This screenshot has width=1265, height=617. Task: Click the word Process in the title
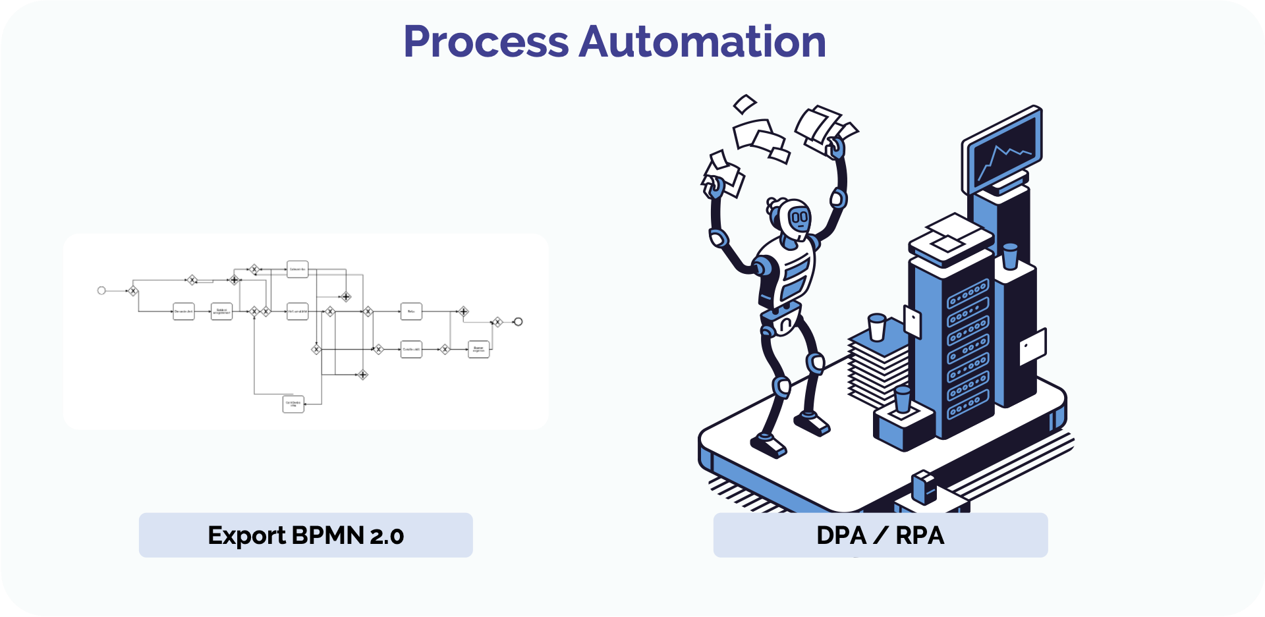tap(486, 41)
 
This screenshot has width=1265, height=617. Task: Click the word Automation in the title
tap(702, 41)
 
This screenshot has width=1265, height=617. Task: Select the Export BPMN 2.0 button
tap(306, 535)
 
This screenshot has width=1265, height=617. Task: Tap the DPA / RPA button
tap(880, 535)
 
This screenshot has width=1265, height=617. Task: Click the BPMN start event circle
tap(101, 290)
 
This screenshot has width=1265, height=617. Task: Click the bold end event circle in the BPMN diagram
tap(519, 321)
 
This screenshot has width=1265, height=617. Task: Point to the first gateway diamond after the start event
tap(132, 290)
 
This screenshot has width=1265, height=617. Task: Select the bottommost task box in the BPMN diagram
tap(293, 404)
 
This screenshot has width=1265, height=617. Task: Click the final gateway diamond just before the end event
tap(497, 322)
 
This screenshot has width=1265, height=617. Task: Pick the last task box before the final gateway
tap(478, 349)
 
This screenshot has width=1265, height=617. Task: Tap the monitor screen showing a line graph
tap(1003, 152)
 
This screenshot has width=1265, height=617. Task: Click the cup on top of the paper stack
tap(877, 327)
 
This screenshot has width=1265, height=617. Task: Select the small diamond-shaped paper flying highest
tap(745, 103)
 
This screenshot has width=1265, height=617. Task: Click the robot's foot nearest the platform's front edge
tap(768, 445)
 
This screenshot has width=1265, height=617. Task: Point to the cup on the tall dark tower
tap(1009, 256)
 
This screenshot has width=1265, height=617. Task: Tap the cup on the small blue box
tap(902, 400)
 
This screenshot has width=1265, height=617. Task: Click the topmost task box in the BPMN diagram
tap(297, 269)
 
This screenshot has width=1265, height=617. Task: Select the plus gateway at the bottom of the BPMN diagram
tap(362, 375)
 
